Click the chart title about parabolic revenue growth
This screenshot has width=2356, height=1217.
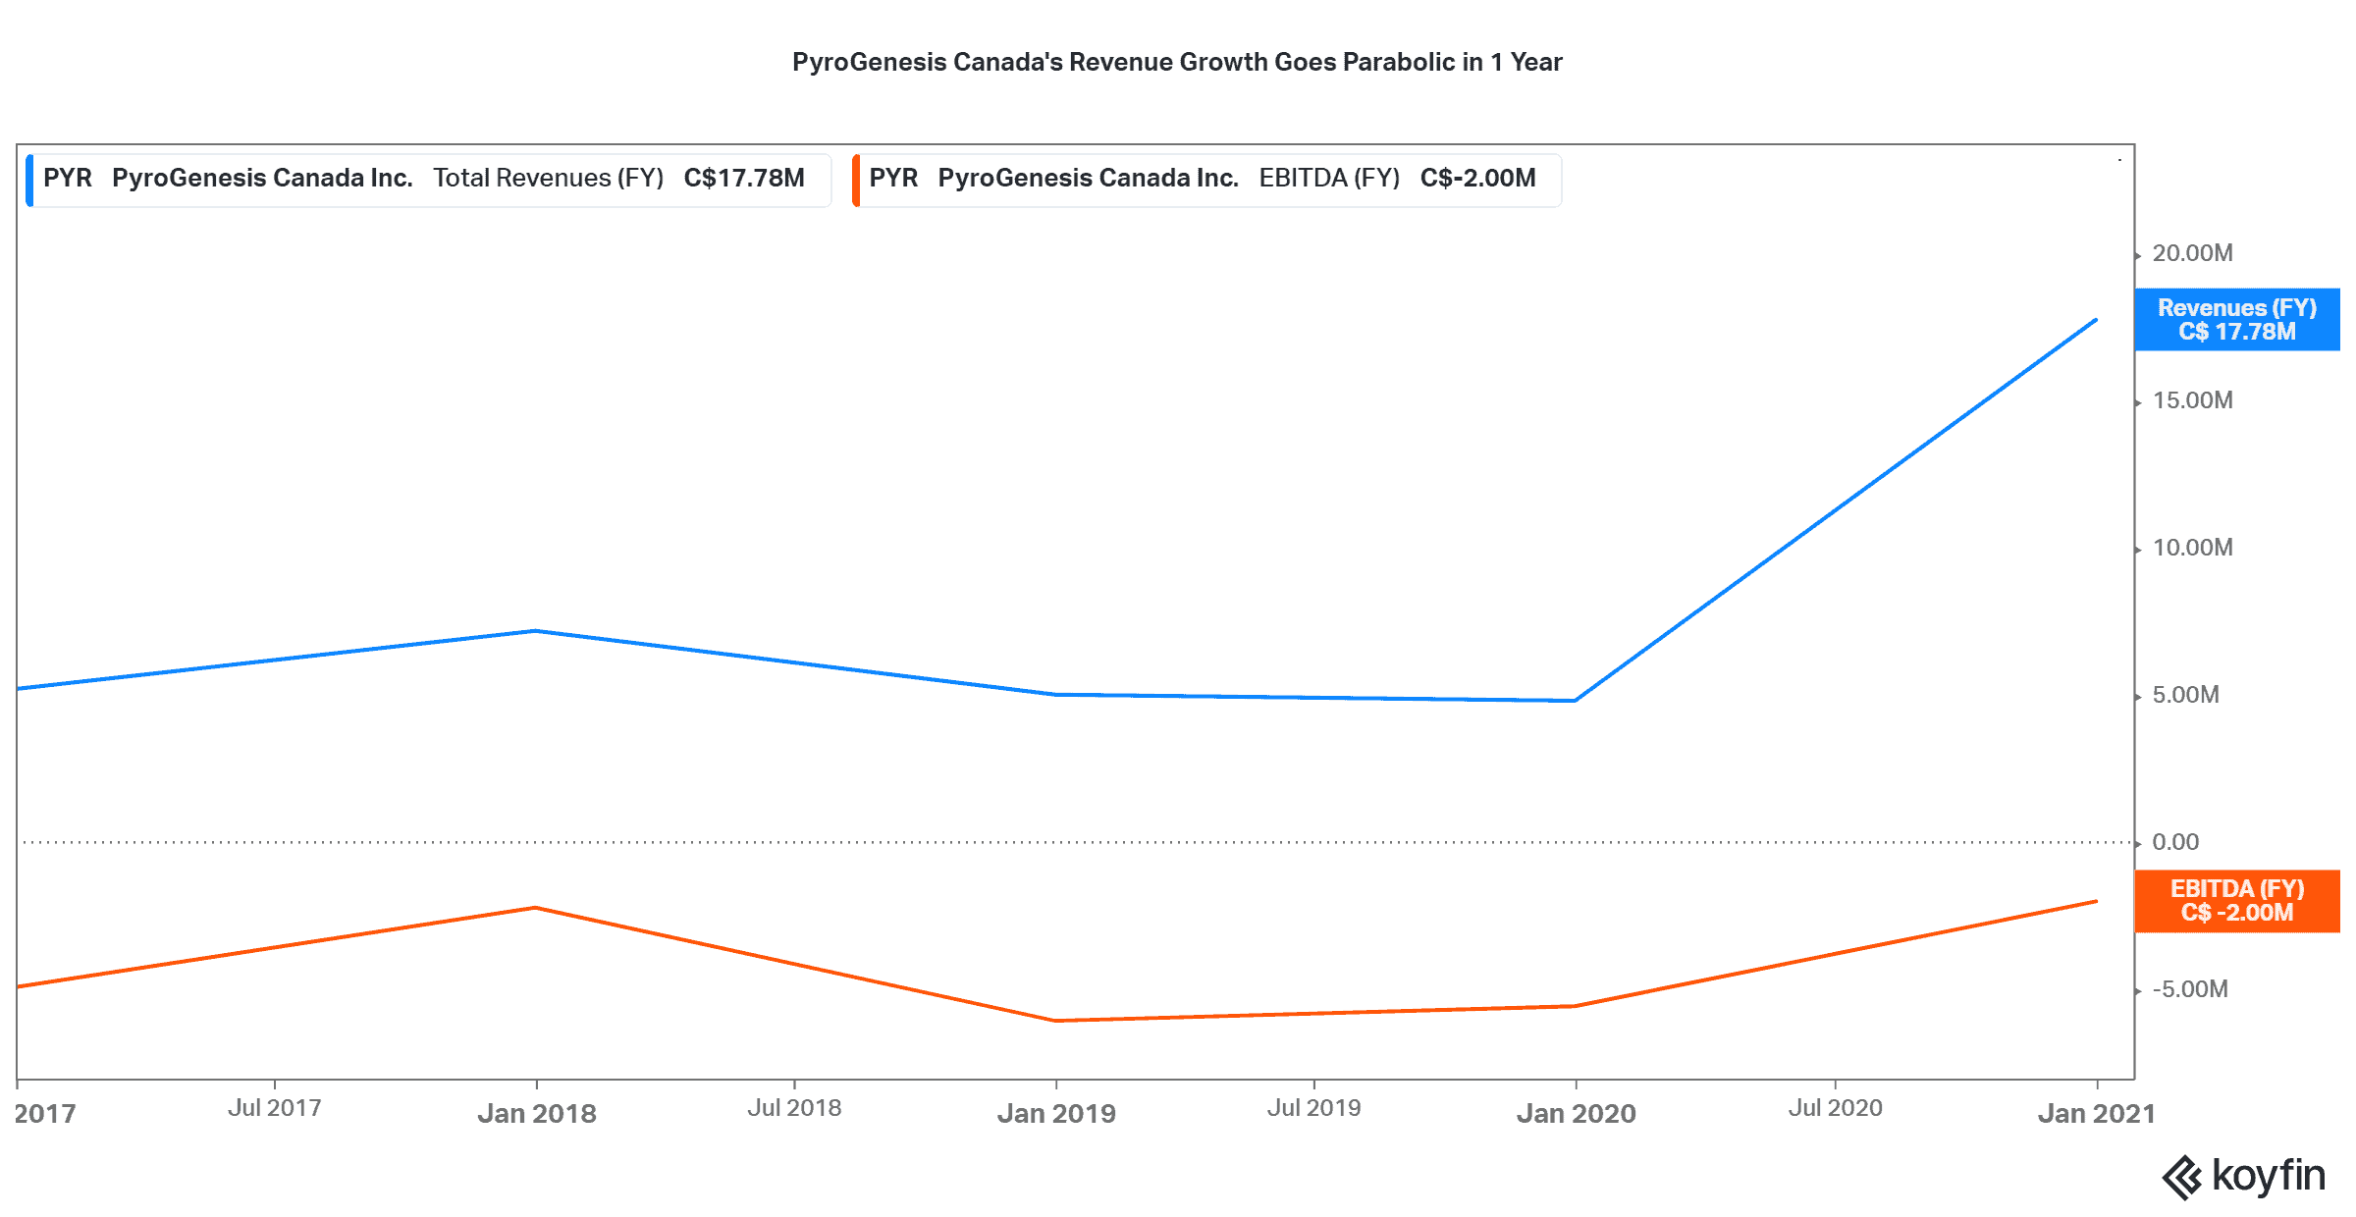pos(1177,62)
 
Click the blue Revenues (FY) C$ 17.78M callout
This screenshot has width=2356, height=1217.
pos(2236,320)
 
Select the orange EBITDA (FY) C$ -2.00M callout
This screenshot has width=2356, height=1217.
pos(2236,901)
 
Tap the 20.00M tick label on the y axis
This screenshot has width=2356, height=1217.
pos(2192,253)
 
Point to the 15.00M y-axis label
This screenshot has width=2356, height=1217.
pos(2192,400)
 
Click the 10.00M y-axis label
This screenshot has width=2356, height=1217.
pos(2192,548)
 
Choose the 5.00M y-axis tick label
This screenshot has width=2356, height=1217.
pos(2185,695)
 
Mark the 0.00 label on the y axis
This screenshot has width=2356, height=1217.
pos(2175,842)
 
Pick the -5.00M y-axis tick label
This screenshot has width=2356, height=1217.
pos(2189,989)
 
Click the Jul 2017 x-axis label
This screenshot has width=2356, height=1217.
pos(275,1108)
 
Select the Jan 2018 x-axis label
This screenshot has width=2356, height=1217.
pos(537,1114)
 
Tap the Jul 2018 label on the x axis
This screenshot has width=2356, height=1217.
pos(794,1108)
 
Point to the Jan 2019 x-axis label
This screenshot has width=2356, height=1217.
pos(1056,1114)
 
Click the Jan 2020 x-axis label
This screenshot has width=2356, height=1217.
pos(1576,1114)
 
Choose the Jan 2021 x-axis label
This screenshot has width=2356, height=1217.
pos(2096,1114)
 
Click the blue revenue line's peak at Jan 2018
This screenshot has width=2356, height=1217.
pos(535,631)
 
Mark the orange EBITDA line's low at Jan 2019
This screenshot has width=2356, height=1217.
pos(1056,1021)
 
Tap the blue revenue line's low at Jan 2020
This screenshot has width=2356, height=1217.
pos(1575,701)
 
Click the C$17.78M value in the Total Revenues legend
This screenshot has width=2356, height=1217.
pos(744,178)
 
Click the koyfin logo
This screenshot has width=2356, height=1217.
pos(2243,1177)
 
